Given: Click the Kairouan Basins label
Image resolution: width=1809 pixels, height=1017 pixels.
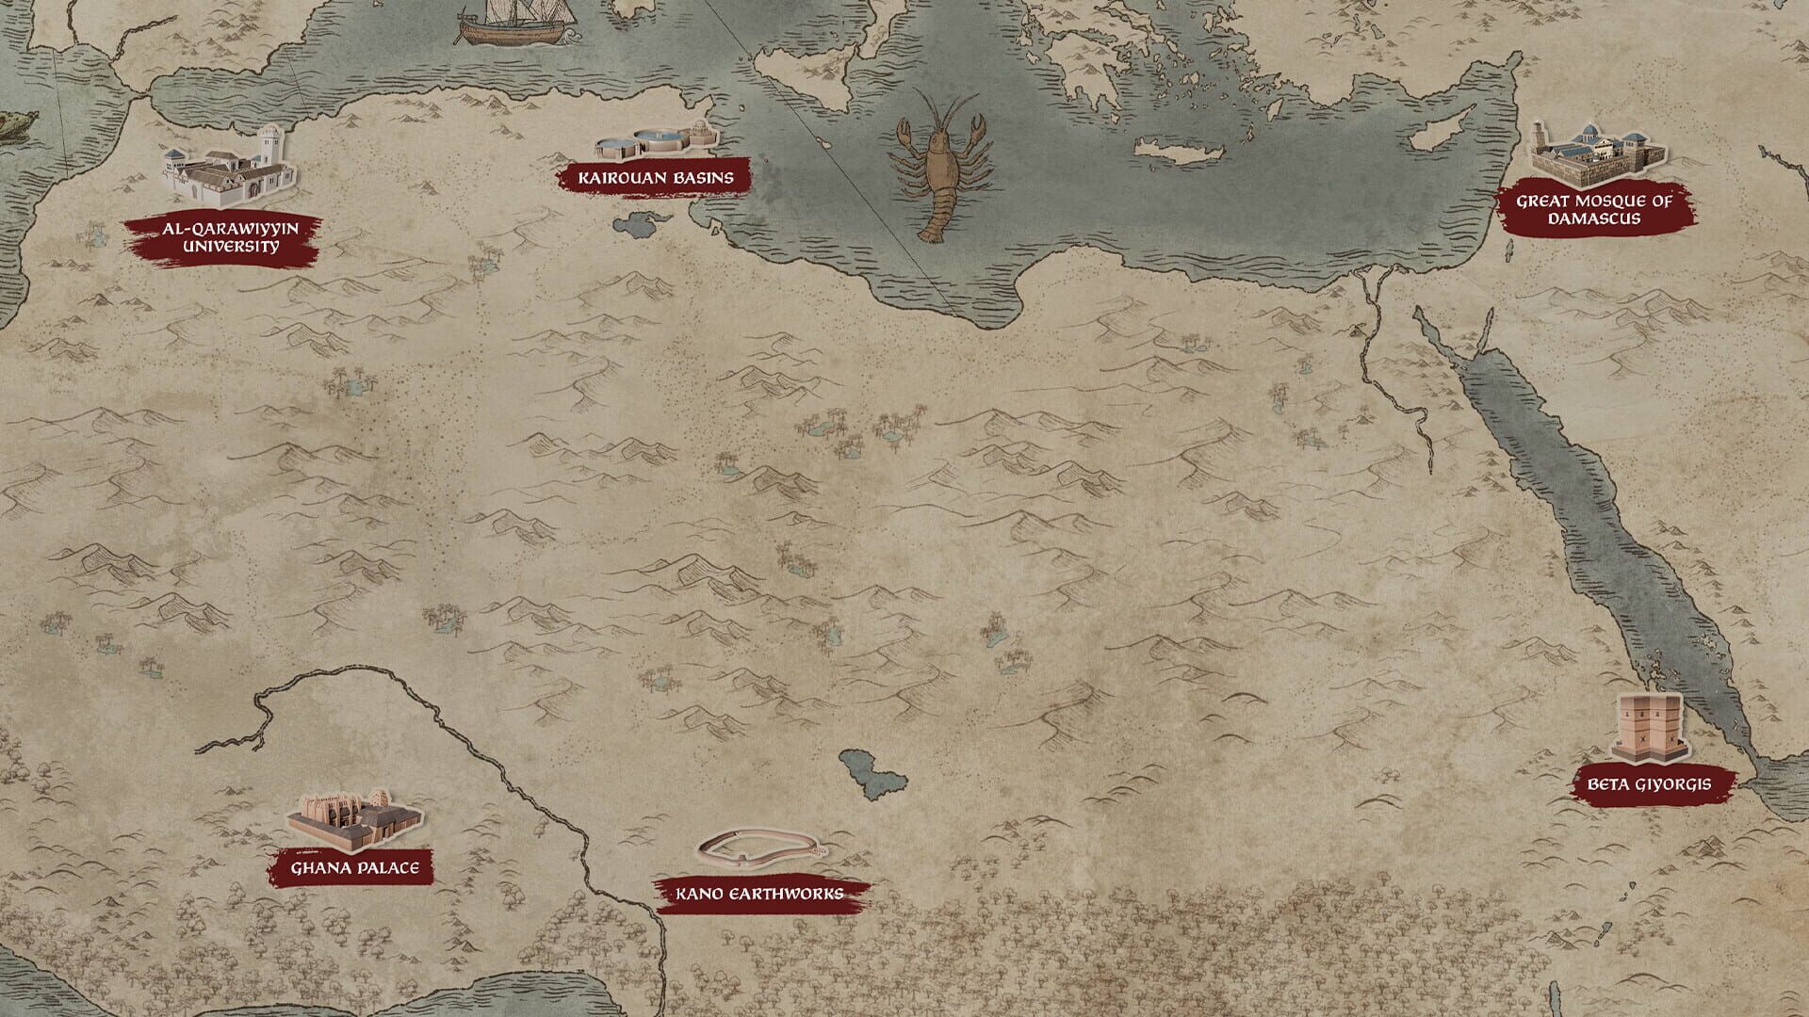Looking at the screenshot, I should point(656,176).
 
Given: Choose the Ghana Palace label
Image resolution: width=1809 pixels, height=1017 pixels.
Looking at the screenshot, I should point(355,867).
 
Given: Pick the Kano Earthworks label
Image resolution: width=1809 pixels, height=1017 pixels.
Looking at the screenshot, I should point(759,893).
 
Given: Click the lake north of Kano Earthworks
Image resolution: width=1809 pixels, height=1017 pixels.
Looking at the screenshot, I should point(872,770).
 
